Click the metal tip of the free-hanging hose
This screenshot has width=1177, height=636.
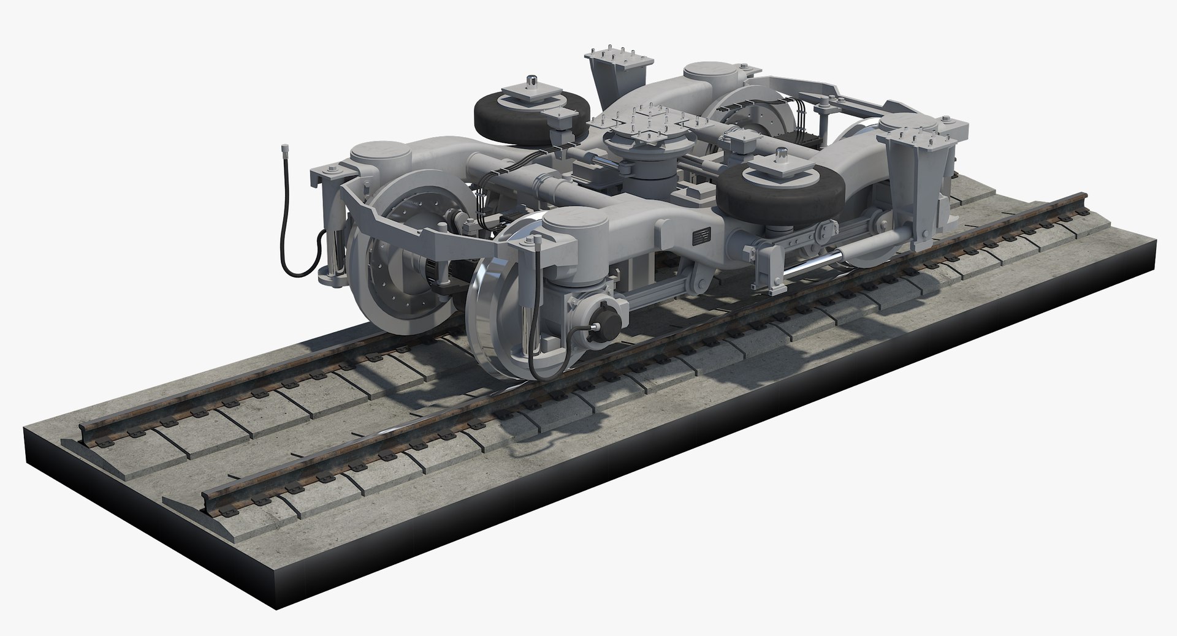pyautogui.click(x=285, y=150)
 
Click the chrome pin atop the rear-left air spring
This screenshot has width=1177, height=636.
pyautogui.click(x=532, y=82)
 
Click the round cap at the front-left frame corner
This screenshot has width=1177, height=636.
pyautogui.click(x=375, y=154)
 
